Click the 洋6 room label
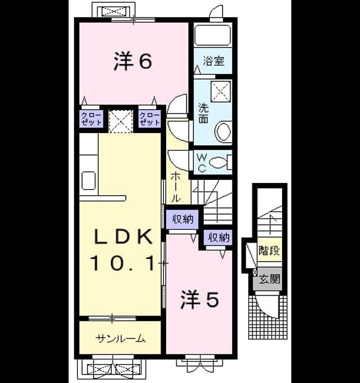(x=133, y=61)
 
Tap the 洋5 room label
(x=199, y=300)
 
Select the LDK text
(x=123, y=236)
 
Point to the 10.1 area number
(x=123, y=263)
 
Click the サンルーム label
(x=121, y=339)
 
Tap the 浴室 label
(x=213, y=61)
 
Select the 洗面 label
(x=203, y=113)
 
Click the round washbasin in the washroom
(x=223, y=132)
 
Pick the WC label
(x=202, y=163)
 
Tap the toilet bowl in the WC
(x=218, y=162)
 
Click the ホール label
(x=176, y=187)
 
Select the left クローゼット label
(x=91, y=119)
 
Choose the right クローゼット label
(x=150, y=119)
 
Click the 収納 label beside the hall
(x=183, y=219)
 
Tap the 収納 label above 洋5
(x=219, y=238)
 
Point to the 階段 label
(x=269, y=250)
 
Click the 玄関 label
(x=269, y=278)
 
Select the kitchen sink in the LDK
(x=88, y=181)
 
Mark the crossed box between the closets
(x=121, y=121)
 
